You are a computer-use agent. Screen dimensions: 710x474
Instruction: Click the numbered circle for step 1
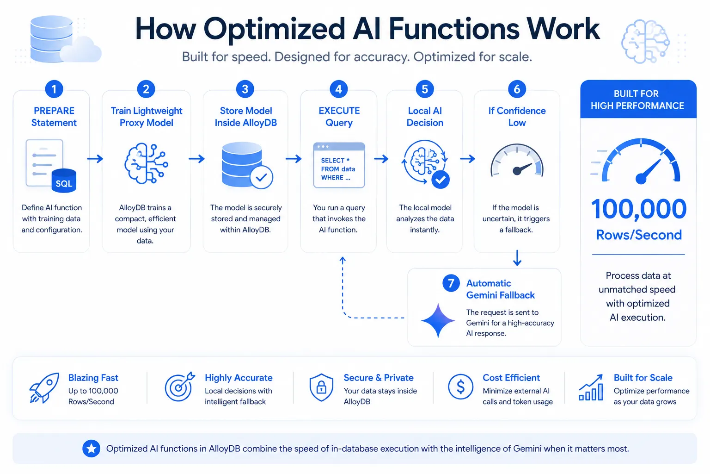[54, 89]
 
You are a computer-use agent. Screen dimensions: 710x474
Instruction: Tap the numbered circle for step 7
[451, 283]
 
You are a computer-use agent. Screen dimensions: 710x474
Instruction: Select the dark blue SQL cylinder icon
[64, 181]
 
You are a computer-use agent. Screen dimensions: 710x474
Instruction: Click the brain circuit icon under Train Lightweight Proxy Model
[146, 163]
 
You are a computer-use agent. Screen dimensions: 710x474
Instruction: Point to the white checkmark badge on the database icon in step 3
[261, 177]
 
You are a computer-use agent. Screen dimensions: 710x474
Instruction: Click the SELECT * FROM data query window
[339, 165]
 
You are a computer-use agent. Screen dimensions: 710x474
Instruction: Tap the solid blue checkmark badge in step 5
[440, 180]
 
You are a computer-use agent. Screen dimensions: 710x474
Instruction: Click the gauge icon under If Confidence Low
[517, 160]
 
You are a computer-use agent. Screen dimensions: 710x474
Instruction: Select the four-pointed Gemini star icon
[438, 320]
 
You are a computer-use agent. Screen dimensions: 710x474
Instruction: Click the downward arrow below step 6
[517, 257]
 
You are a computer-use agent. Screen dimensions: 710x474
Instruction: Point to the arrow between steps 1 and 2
[95, 158]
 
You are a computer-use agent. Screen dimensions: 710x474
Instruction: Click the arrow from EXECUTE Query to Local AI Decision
[381, 158]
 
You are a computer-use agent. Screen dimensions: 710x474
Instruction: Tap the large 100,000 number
[638, 209]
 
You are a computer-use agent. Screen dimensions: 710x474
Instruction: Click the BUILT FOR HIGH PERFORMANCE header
[638, 100]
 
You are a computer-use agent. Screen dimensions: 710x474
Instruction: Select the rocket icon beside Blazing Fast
[44, 388]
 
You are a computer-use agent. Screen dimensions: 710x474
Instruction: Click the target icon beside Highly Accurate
[179, 387]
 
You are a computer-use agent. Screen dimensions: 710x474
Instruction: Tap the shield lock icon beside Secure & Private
[321, 387]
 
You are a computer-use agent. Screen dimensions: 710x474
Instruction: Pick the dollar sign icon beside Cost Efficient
[460, 387]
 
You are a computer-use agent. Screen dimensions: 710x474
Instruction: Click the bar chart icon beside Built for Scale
[591, 387]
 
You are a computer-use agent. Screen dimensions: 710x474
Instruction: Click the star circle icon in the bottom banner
[91, 448]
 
